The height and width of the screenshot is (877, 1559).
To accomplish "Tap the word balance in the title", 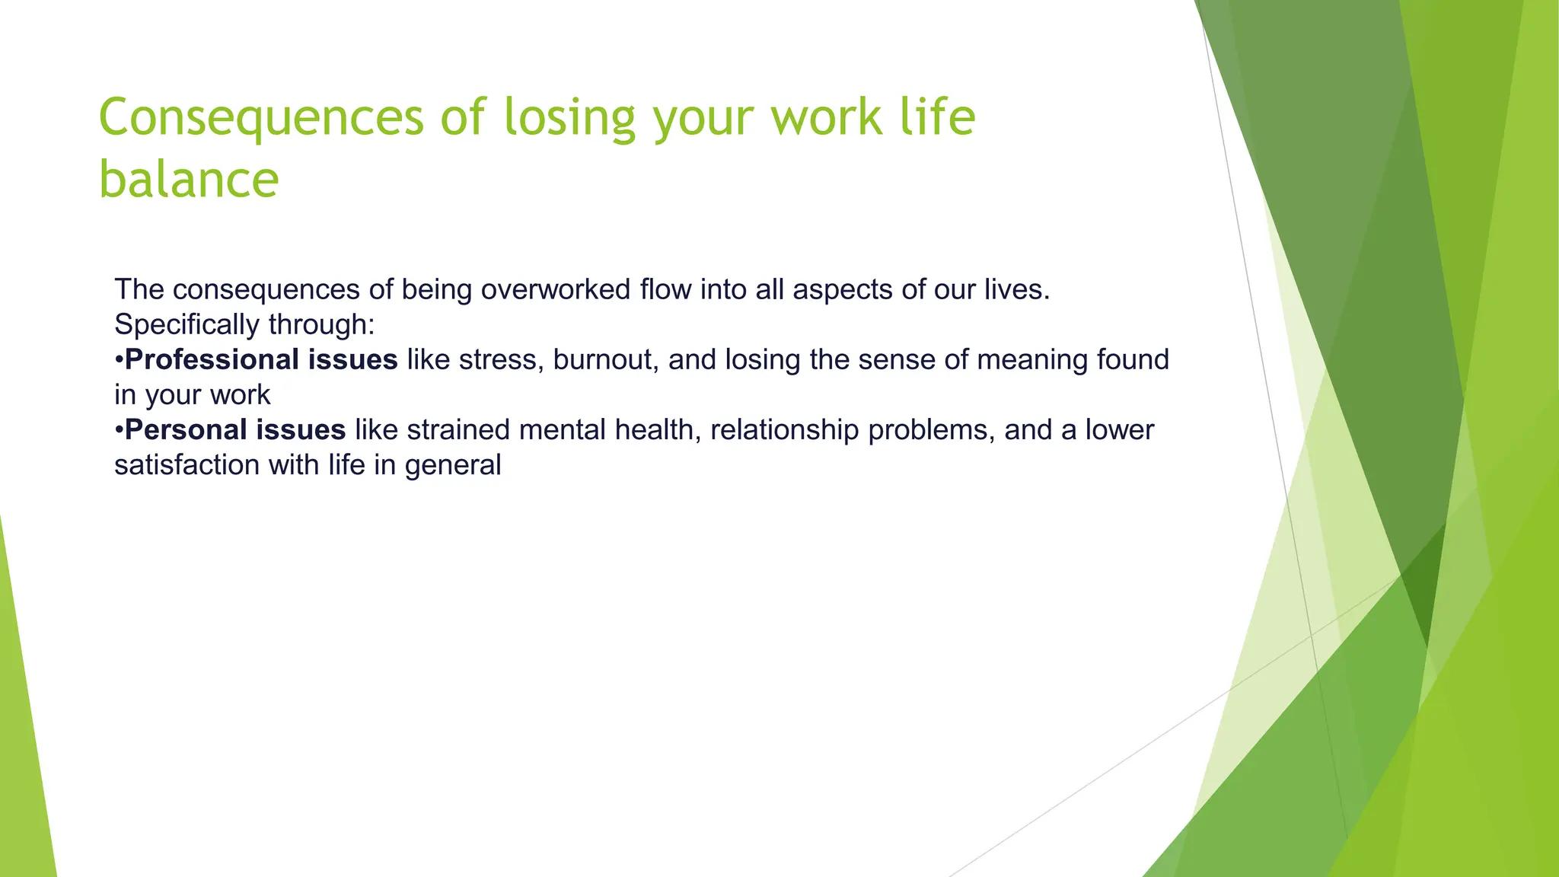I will click(189, 180).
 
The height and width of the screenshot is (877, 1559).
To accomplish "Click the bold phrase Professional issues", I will click(261, 360).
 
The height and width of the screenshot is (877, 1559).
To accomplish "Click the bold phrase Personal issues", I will click(235, 430).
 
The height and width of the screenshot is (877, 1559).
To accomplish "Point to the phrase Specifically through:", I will click(244, 325).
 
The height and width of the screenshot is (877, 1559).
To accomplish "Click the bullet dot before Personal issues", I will click(119, 431).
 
